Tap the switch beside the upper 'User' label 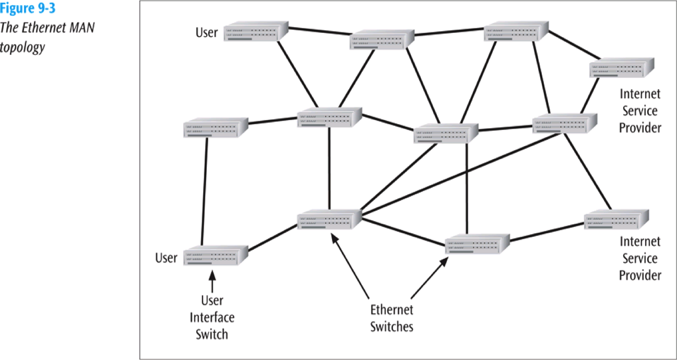pyautogui.click(x=256, y=32)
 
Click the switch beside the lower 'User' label pyautogui.click(x=215, y=256)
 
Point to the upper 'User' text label pyautogui.click(x=207, y=33)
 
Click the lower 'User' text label pyautogui.click(x=167, y=258)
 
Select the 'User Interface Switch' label pyautogui.click(x=212, y=317)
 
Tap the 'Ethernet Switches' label pyautogui.click(x=391, y=318)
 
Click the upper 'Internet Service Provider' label pyautogui.click(x=639, y=111)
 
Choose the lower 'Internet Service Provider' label pyautogui.click(x=639, y=258)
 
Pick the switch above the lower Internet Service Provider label pyautogui.click(x=616, y=220)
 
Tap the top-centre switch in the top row pyautogui.click(x=382, y=40)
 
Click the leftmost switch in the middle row pyautogui.click(x=215, y=128)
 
